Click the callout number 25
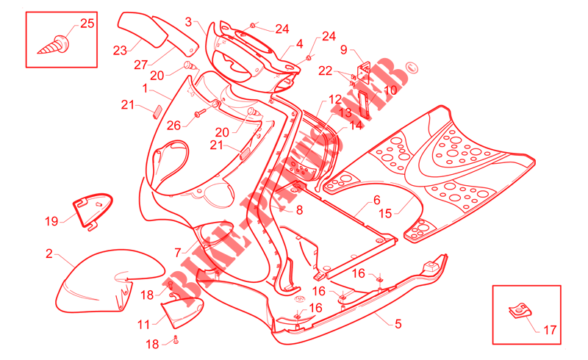[x=87, y=24]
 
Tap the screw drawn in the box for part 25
[x=54, y=45]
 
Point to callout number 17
[x=550, y=330]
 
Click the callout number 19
[x=51, y=221]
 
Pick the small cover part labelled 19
[x=93, y=211]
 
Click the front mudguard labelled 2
[x=109, y=281]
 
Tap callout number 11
[x=143, y=325]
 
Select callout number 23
[x=120, y=50]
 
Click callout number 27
[x=140, y=65]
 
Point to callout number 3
[x=188, y=22]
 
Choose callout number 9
[x=343, y=49]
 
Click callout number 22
[x=326, y=71]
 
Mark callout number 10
[x=390, y=90]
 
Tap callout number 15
[x=385, y=213]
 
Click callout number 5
[x=398, y=323]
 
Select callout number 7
[x=178, y=253]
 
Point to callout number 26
[x=173, y=125]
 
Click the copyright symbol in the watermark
[x=412, y=68]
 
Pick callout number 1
[x=145, y=88]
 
